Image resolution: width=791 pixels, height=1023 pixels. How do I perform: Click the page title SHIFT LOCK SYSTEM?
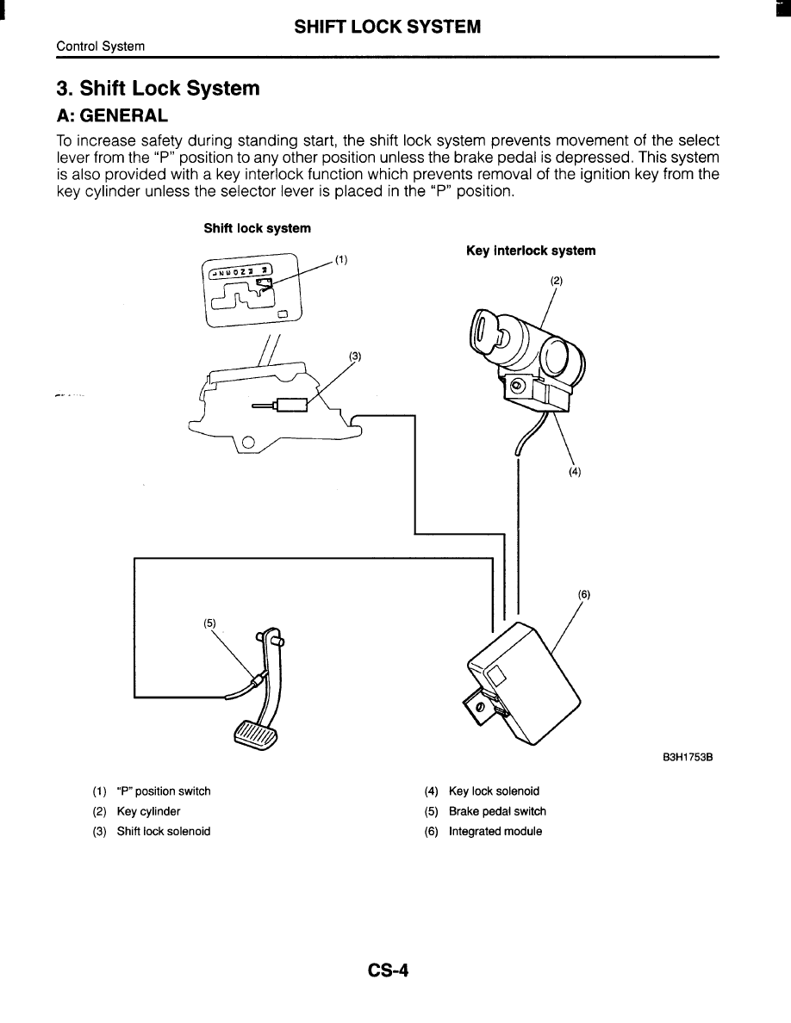[x=388, y=27]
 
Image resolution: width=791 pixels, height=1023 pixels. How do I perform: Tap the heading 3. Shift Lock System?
[x=158, y=89]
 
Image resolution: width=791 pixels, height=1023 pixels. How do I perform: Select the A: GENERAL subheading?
[x=112, y=115]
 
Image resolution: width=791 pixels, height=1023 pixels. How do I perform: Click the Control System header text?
[x=101, y=46]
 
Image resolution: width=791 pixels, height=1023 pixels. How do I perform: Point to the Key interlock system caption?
[x=531, y=251]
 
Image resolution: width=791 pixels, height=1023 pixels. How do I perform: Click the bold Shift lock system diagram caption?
[x=257, y=228]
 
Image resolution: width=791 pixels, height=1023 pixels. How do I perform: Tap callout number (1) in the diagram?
[x=341, y=259]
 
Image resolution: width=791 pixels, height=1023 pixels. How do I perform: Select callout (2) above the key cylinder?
[x=556, y=281]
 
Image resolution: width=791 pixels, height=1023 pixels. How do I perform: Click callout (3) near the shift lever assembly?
[x=354, y=356]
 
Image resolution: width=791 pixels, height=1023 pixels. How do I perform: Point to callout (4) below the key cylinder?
[x=575, y=471]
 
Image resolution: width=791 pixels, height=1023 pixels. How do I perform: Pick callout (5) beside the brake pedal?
[x=209, y=623]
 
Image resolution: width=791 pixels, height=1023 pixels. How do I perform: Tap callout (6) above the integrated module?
[x=584, y=594]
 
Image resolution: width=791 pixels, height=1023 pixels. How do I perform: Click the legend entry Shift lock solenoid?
[x=164, y=831]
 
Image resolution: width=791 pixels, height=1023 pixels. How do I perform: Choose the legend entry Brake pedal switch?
[x=497, y=811]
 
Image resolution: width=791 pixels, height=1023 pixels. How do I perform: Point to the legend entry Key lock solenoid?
[x=494, y=790]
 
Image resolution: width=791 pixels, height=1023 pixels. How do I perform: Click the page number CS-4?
[x=388, y=970]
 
